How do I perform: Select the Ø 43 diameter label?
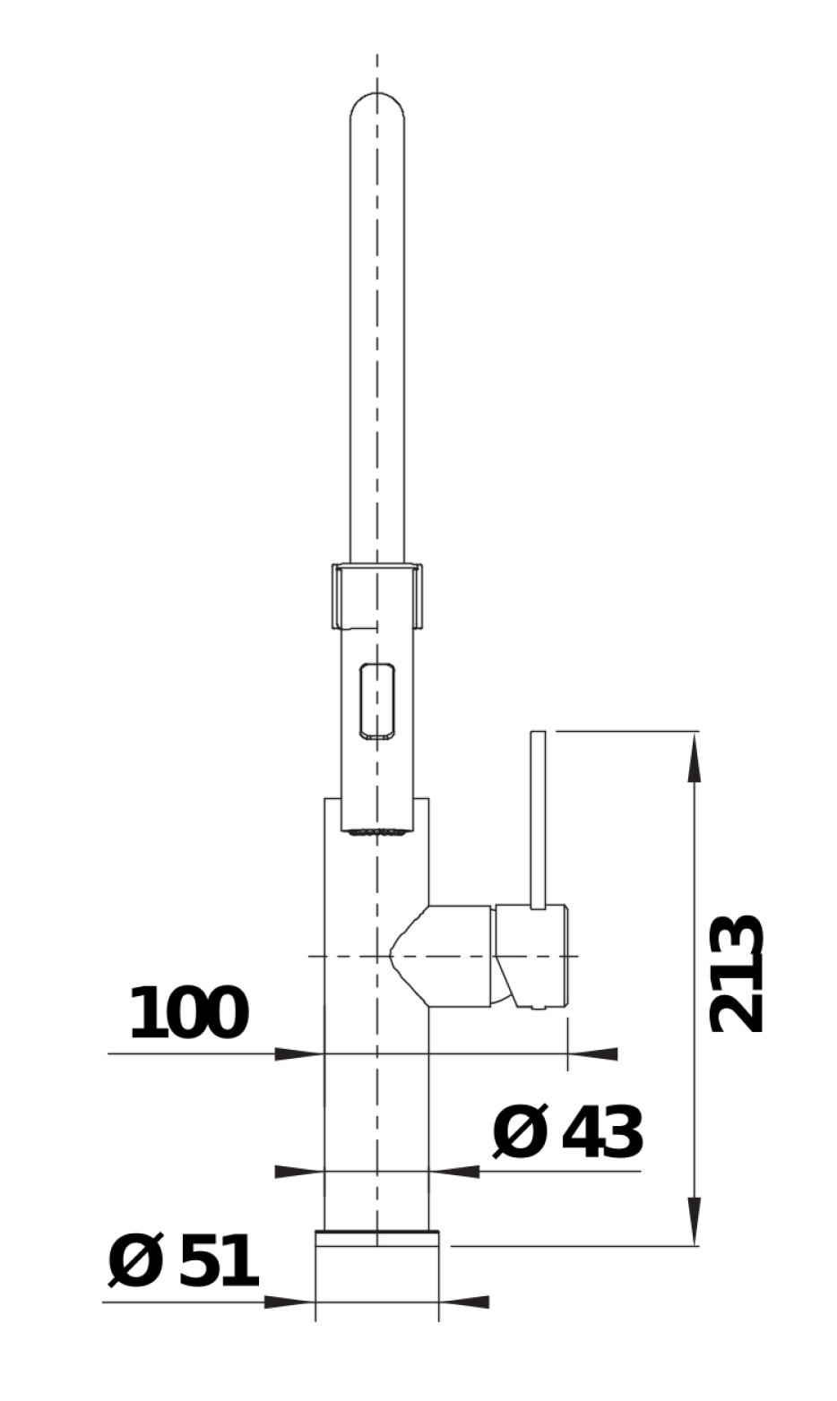567,1131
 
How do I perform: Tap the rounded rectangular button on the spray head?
376,700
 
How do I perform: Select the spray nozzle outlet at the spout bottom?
376,831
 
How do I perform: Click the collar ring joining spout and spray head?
376,596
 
